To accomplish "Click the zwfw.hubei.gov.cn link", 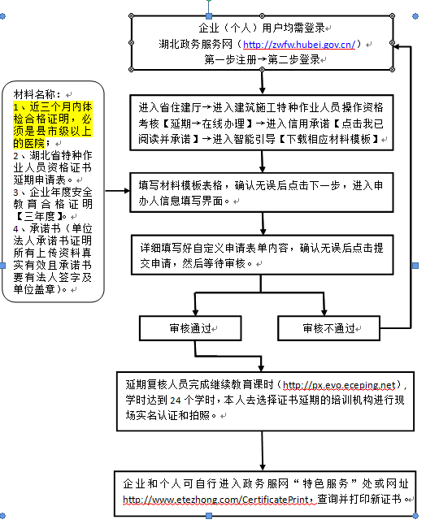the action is tap(302, 44).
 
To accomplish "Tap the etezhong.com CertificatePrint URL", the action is tap(218, 499).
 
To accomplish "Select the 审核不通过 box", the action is tap(329, 328).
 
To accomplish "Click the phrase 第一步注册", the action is tap(231, 59).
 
